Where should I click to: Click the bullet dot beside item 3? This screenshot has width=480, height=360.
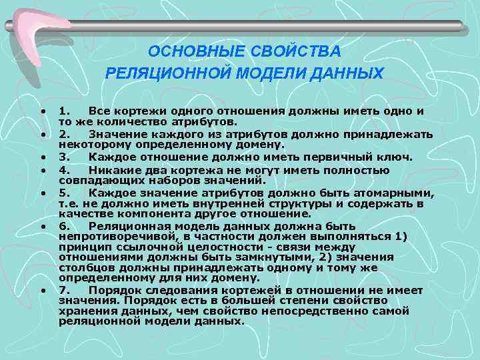pos(42,157)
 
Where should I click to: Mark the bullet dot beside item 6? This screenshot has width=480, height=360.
pos(42,227)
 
